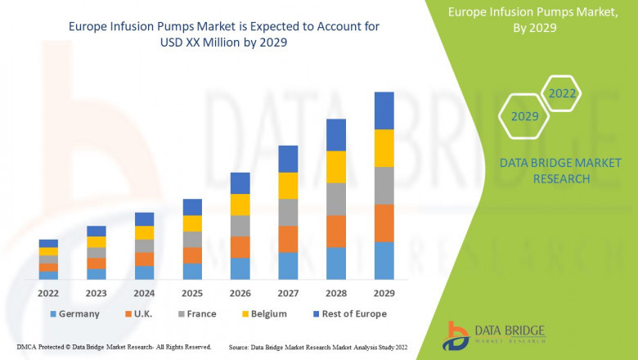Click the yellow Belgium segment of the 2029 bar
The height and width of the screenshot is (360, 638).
click(x=384, y=148)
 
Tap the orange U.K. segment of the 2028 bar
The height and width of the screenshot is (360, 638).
click(x=336, y=232)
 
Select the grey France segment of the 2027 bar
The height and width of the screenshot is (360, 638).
click(x=288, y=212)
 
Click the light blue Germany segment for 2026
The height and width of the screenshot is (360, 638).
click(x=240, y=268)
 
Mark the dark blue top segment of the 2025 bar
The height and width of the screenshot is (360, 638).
click(x=192, y=207)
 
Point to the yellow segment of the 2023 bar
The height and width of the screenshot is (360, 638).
click(x=97, y=242)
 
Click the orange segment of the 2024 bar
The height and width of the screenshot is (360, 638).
click(x=144, y=259)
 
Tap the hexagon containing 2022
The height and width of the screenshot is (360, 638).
click(x=562, y=93)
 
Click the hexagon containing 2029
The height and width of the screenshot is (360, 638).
click(x=525, y=116)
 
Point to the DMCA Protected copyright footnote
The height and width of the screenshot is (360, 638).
click(x=114, y=348)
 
